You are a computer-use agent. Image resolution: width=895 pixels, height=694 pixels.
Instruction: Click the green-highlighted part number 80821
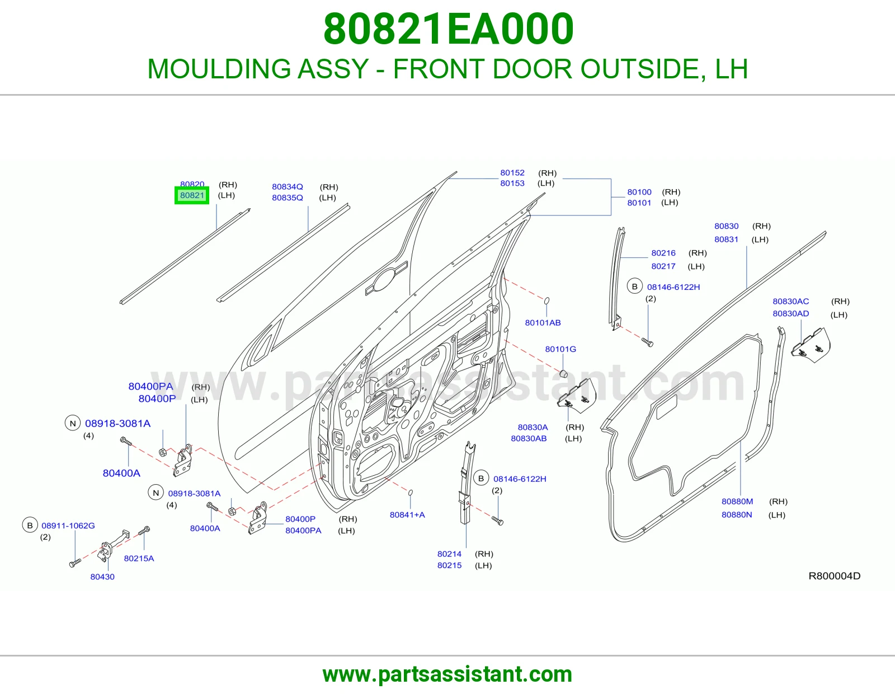point(192,195)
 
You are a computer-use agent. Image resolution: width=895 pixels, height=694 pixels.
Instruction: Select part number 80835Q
point(288,198)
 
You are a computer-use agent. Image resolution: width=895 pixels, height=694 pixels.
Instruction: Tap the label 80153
point(512,183)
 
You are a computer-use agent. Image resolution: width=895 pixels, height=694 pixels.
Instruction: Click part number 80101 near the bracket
point(639,203)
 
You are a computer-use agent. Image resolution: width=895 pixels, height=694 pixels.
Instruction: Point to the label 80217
point(663,266)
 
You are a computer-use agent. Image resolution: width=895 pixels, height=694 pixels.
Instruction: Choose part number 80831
point(726,239)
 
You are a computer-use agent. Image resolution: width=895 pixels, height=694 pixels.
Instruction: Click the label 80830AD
point(791,313)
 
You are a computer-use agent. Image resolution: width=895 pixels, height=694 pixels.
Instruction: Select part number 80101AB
point(543,322)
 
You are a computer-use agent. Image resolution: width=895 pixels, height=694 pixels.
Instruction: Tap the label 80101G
point(560,349)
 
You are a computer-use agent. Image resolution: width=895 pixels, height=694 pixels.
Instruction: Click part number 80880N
point(737,514)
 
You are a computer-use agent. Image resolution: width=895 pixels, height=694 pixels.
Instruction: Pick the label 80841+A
point(407,514)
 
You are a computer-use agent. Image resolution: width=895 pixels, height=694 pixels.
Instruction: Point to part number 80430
point(102,576)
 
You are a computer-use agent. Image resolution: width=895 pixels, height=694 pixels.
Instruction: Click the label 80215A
point(139,558)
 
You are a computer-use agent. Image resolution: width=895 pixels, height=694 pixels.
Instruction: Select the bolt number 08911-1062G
point(68,526)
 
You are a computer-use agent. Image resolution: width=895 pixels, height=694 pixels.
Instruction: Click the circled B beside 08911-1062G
point(30,526)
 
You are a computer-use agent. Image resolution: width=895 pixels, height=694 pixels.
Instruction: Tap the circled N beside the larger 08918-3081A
point(73,423)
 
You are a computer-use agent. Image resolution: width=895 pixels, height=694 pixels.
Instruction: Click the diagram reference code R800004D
point(835,576)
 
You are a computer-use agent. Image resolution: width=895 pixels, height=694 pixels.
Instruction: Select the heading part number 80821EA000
point(448,29)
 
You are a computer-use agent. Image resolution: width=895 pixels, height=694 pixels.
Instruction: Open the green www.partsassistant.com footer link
point(447,674)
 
